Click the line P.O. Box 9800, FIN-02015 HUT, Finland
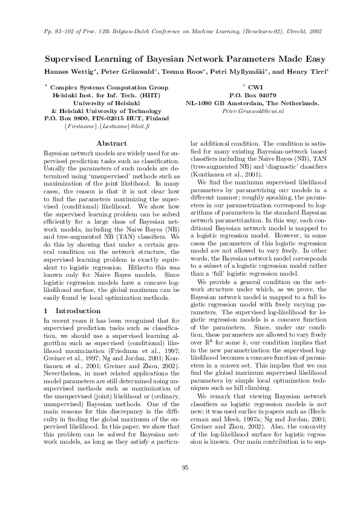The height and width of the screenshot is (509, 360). click(x=107, y=118)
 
